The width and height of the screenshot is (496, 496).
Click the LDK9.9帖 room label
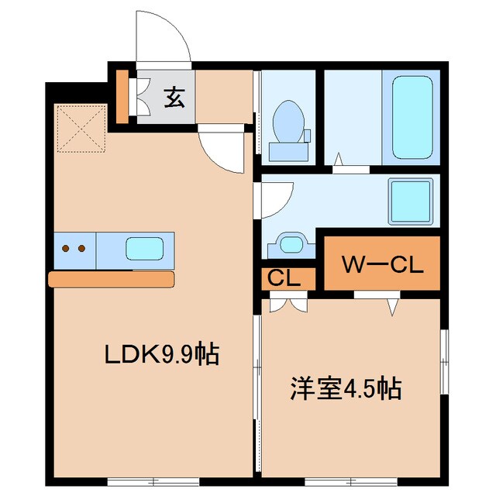(x=163, y=355)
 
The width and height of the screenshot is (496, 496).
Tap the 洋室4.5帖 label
(x=346, y=387)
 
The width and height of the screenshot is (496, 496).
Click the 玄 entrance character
(x=174, y=98)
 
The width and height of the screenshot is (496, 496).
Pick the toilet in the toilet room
(x=288, y=122)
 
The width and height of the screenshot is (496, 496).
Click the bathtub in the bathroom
(x=412, y=117)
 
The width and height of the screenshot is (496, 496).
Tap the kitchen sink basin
(x=145, y=249)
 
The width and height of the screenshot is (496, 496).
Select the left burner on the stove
(x=66, y=249)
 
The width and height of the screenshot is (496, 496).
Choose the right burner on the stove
(x=81, y=249)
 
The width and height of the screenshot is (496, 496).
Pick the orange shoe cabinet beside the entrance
(x=122, y=96)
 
